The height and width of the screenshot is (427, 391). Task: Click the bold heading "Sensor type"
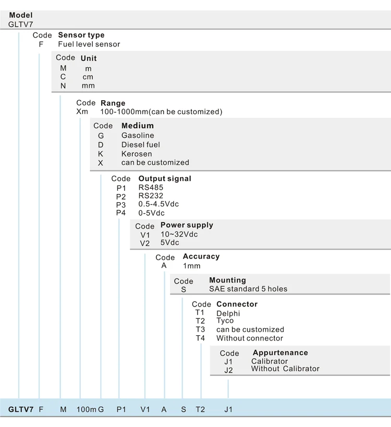click(x=81, y=35)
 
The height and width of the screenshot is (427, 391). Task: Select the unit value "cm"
click(x=88, y=77)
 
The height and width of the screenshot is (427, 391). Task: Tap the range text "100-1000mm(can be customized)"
click(x=161, y=112)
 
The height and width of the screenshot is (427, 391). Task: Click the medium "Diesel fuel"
click(x=140, y=144)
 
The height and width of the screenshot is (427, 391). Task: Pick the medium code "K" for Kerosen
click(x=101, y=154)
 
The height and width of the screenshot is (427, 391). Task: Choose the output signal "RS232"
click(x=151, y=196)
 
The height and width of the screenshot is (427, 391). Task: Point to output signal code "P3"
click(x=121, y=205)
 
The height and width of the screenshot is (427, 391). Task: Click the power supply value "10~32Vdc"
click(x=179, y=234)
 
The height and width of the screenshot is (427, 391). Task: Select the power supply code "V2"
click(x=145, y=243)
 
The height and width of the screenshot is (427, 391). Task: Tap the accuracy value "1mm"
click(x=192, y=266)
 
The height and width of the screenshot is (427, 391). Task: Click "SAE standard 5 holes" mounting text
click(x=248, y=289)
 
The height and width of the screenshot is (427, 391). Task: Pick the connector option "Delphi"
click(x=228, y=313)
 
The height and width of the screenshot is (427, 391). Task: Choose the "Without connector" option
click(x=250, y=338)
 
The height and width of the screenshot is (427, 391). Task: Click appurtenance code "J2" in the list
click(x=228, y=370)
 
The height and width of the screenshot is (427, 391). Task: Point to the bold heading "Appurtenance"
click(x=280, y=352)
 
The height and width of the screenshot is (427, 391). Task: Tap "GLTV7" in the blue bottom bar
click(x=21, y=409)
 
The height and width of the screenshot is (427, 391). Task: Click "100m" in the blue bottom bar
click(x=87, y=409)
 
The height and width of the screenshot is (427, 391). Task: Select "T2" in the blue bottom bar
click(x=200, y=409)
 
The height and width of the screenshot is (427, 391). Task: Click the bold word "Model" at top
click(x=21, y=15)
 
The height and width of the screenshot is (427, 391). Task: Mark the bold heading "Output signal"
click(x=165, y=179)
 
